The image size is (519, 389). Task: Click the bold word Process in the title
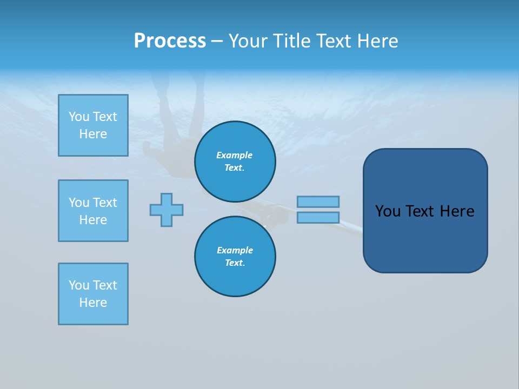click(x=170, y=41)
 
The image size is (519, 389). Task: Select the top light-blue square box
click(x=93, y=125)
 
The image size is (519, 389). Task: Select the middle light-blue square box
click(x=93, y=211)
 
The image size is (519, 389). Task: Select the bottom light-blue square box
click(x=93, y=294)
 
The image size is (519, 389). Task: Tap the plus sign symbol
click(x=167, y=210)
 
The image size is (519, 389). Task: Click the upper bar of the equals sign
click(x=318, y=202)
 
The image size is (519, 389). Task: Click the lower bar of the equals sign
click(x=318, y=217)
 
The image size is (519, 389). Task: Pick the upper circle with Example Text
click(x=235, y=162)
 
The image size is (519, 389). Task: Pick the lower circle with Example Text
click(x=235, y=257)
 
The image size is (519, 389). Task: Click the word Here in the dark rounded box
click(x=457, y=211)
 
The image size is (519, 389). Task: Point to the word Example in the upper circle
click(x=235, y=155)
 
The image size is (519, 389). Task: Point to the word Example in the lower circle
click(x=235, y=250)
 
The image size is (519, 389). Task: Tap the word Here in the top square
click(x=93, y=134)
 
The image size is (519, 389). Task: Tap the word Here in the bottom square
click(x=93, y=303)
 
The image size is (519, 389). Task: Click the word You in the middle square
click(x=78, y=203)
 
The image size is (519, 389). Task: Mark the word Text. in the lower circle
click(x=235, y=263)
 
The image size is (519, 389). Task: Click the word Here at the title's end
click(x=377, y=41)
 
